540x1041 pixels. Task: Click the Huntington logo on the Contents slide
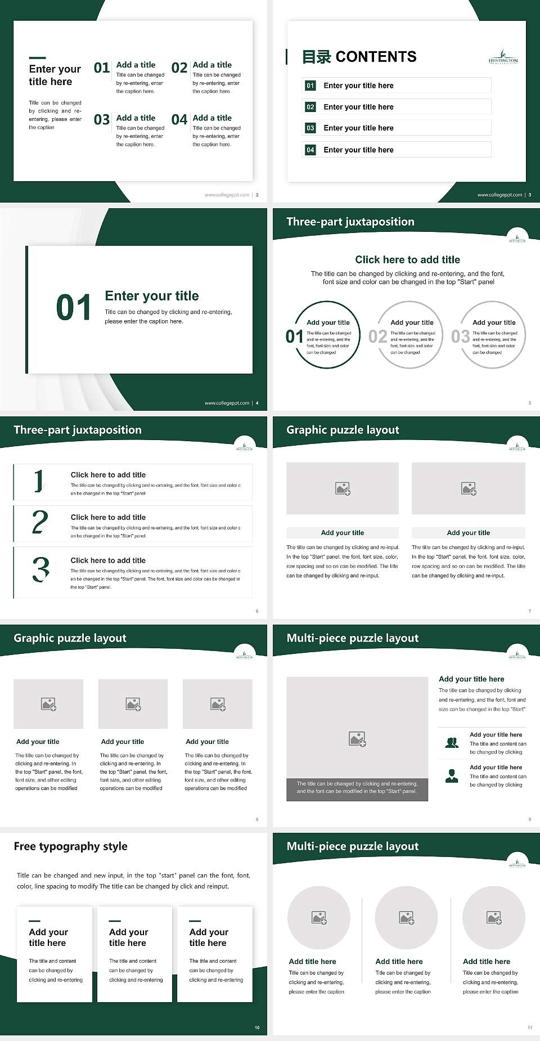(503, 57)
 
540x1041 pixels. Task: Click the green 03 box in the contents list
(310, 128)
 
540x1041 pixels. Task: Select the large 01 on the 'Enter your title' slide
(73, 308)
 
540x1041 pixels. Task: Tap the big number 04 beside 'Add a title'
(179, 120)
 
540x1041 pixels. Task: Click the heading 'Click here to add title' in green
(407, 259)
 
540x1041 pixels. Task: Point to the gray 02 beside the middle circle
(377, 336)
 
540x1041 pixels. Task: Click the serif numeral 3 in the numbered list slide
(40, 569)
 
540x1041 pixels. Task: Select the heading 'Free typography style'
(70, 846)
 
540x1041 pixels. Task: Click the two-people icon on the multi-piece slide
(451, 743)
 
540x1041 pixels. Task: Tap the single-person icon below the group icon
(451, 776)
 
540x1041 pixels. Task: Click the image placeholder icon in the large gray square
(357, 739)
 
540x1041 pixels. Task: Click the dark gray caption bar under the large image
(357, 787)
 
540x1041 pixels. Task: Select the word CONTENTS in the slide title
(376, 57)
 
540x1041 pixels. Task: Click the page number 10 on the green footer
(257, 1027)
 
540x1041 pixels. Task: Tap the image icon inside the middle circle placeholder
(406, 918)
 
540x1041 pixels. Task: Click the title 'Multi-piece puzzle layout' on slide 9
(353, 638)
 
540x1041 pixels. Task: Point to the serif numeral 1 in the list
(38, 481)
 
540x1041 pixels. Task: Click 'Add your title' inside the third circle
(494, 322)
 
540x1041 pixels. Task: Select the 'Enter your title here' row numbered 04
(397, 150)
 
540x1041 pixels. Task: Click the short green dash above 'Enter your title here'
(37, 57)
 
